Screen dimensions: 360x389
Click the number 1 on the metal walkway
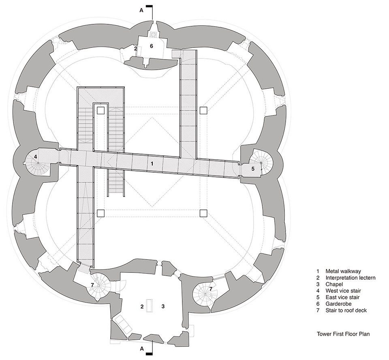point(152,164)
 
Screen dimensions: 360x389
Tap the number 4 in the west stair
point(36,156)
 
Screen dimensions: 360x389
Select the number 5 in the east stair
point(253,169)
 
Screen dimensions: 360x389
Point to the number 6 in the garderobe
point(152,46)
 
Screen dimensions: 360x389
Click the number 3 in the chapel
point(162,306)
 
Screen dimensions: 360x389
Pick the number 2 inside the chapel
point(142,306)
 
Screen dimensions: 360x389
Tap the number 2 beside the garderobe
point(136,48)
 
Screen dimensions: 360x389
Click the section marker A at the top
point(141,11)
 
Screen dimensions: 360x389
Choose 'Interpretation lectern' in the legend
point(350,278)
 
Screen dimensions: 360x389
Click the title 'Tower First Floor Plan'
point(343,335)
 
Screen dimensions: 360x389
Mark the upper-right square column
point(203,110)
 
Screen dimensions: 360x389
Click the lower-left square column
point(101,213)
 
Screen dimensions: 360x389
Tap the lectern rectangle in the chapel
point(150,306)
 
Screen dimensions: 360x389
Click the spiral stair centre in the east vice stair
point(261,163)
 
